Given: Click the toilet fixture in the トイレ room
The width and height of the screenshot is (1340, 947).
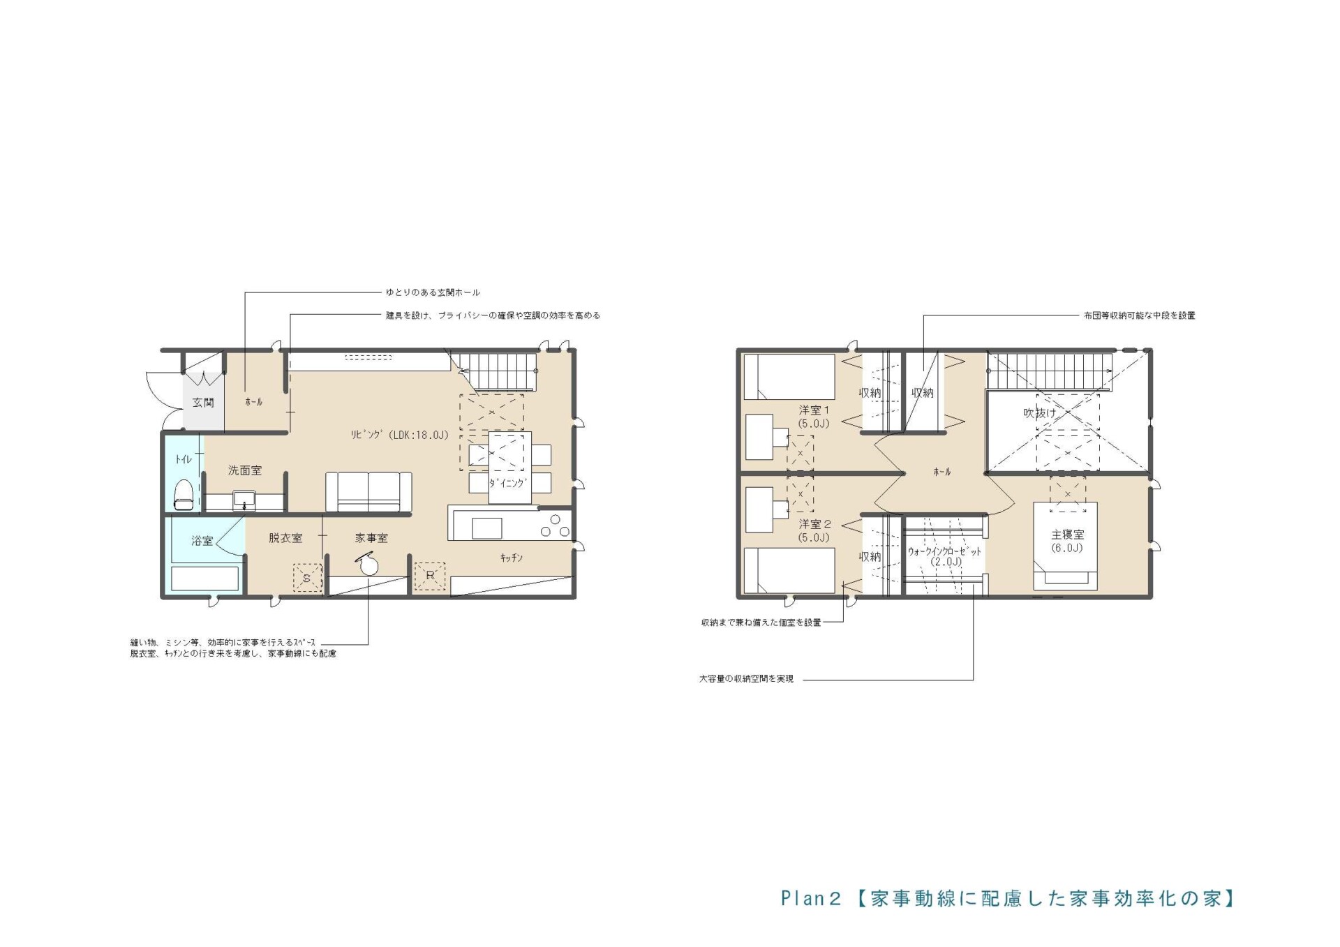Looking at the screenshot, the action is (x=183, y=494).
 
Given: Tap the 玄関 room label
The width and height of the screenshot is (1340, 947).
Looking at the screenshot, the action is (x=203, y=403).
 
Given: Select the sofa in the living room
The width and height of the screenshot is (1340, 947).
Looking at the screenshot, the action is (x=368, y=492).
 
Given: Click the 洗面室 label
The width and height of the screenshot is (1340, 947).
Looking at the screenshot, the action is (x=245, y=471).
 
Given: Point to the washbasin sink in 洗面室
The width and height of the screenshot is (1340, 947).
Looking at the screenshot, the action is (x=244, y=500).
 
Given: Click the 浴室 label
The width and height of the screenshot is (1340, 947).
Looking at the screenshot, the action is (x=202, y=541).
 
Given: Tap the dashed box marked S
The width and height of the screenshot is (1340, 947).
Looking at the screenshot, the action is (x=307, y=578).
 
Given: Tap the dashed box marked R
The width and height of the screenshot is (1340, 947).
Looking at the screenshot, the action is (x=430, y=576).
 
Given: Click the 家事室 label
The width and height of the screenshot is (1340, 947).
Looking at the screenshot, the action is (x=371, y=538).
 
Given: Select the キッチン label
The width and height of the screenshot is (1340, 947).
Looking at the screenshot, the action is (x=512, y=558).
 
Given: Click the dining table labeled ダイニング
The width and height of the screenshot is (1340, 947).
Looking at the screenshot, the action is (x=509, y=468).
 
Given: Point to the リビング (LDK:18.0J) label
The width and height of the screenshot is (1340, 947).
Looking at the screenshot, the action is (x=399, y=435).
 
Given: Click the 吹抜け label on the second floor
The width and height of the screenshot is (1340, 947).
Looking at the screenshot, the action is (x=1040, y=413).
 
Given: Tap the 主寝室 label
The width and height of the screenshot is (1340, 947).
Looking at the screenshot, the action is (x=1068, y=535).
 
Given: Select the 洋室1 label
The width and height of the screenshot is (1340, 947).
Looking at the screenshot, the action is (x=814, y=410).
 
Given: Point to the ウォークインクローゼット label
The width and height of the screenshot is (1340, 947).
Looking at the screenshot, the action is (x=944, y=551).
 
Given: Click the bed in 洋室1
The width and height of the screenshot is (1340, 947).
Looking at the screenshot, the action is (x=789, y=377).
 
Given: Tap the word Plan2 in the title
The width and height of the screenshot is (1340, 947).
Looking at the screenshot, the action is (x=811, y=898).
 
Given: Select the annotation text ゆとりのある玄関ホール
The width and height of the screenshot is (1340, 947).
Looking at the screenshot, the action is (x=433, y=292).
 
